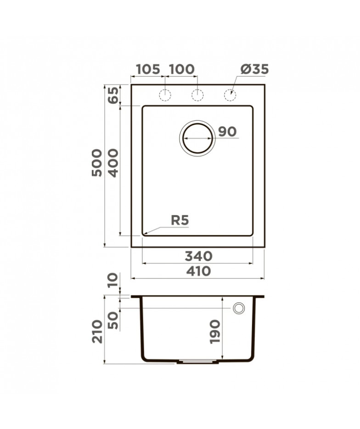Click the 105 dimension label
pyautogui.click(x=148, y=69)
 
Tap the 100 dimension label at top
pyautogui.click(x=182, y=69)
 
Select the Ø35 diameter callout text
pyautogui.click(x=254, y=69)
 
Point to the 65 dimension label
pyautogui.click(x=113, y=95)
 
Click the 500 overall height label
pyautogui.click(x=97, y=163)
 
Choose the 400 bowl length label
pyautogui.click(x=113, y=163)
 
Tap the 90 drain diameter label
pyautogui.click(x=227, y=132)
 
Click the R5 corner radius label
pyautogui.click(x=180, y=220)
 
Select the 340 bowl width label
pyautogui.click(x=198, y=256)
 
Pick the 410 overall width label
pyautogui.click(x=198, y=271)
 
